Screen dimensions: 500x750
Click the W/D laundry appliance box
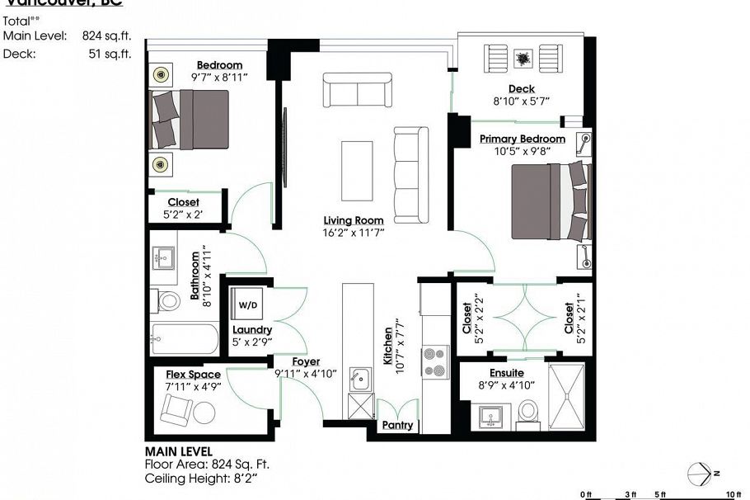(247, 304)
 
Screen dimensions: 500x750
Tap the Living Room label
(354, 220)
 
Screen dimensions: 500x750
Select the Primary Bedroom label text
(523, 139)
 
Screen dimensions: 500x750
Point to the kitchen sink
(359, 380)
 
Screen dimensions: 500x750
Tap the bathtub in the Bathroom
(185, 339)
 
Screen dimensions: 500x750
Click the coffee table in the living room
(357, 170)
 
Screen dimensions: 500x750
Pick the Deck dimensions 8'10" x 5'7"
(521, 101)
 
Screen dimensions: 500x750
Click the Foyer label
(306, 361)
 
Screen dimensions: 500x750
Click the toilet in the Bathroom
(169, 300)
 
